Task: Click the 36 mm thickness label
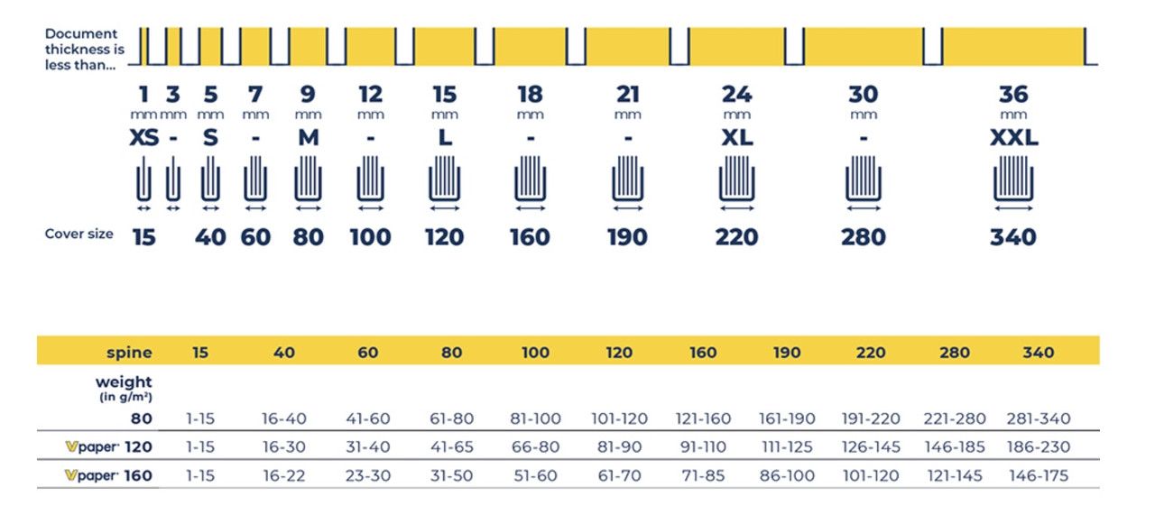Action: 1013,102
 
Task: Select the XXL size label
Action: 1013,138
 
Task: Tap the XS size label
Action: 143,138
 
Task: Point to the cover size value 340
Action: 1013,237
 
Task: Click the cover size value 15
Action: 143,237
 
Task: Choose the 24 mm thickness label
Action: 737,102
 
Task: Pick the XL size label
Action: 737,138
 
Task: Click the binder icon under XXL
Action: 1013,179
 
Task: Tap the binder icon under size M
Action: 309,179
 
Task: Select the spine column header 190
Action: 787,353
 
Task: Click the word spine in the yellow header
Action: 129,353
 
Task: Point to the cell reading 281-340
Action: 1039,418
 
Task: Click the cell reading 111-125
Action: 787,446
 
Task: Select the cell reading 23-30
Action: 368,475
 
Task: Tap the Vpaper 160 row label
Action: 108,475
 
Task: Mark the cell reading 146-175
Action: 1039,475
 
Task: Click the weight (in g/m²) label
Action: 124,389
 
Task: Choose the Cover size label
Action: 79,234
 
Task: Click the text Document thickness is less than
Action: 85,50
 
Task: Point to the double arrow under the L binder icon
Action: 445,208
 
